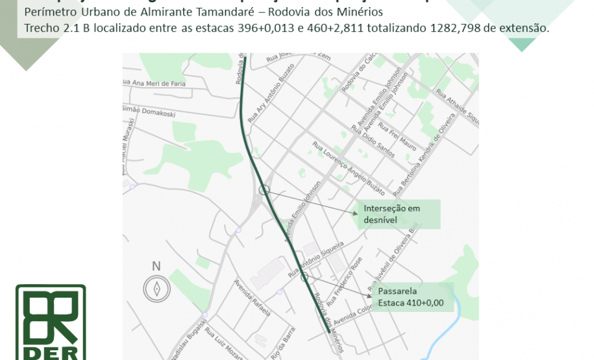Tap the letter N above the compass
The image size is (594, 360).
[x=156, y=266]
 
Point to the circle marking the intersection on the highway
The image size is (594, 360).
[x=264, y=190]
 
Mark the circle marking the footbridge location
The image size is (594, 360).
[x=304, y=277]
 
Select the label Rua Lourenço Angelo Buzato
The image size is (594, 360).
[x=350, y=168]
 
